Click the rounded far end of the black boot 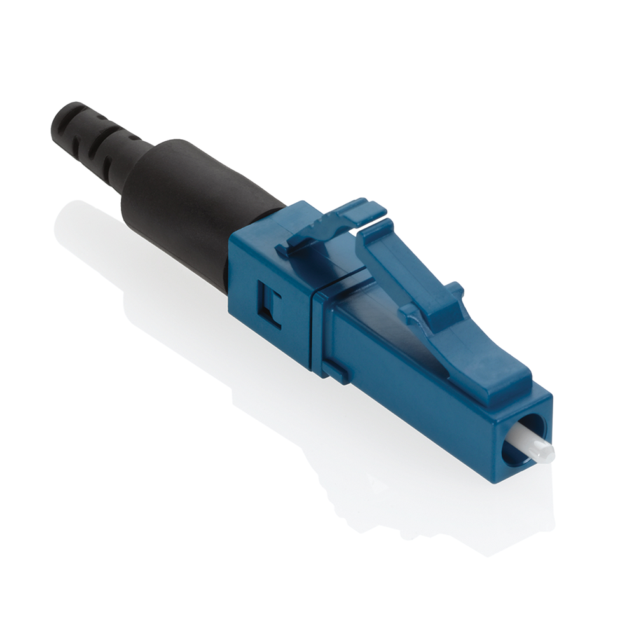tap(60, 118)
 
